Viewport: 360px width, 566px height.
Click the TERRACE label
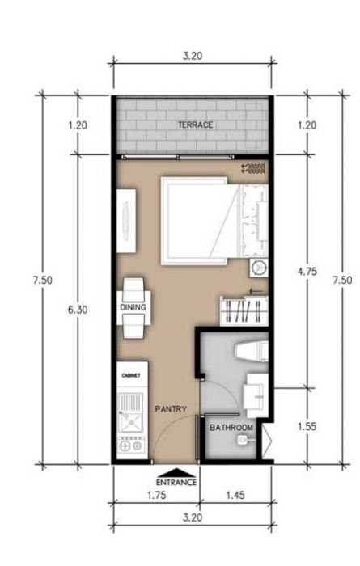[195, 125]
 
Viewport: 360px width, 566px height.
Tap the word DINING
[133, 307]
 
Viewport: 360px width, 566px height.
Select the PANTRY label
[171, 408]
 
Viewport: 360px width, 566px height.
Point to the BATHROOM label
[231, 428]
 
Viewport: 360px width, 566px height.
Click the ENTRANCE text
[176, 482]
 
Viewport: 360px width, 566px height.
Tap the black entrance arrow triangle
[176, 472]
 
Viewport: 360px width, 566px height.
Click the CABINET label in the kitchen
[131, 375]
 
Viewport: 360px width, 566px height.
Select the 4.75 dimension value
[307, 272]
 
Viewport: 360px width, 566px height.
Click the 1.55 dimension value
[307, 426]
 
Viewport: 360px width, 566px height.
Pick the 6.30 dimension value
[78, 310]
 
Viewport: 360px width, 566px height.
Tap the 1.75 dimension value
[157, 495]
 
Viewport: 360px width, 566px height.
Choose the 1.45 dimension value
[235, 495]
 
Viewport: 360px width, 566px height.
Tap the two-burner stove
[131, 446]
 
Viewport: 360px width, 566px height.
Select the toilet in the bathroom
[252, 352]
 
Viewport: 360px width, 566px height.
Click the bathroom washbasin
[256, 395]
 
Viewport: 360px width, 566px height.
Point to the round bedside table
[259, 268]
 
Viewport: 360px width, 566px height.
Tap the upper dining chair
[133, 289]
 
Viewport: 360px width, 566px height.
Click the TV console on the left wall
[126, 221]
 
